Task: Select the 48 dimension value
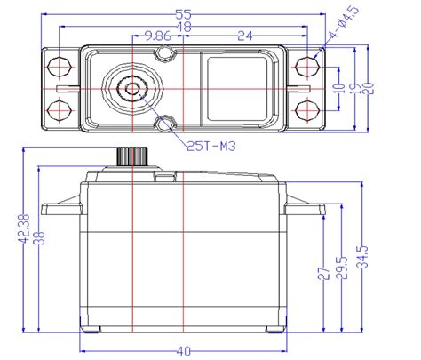coord(185,28)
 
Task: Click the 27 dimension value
coord(324,276)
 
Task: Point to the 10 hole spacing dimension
coord(338,88)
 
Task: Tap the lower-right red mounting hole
coord(306,109)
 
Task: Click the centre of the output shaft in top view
coord(131,88)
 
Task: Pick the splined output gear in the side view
coord(131,156)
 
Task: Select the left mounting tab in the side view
coord(62,210)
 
